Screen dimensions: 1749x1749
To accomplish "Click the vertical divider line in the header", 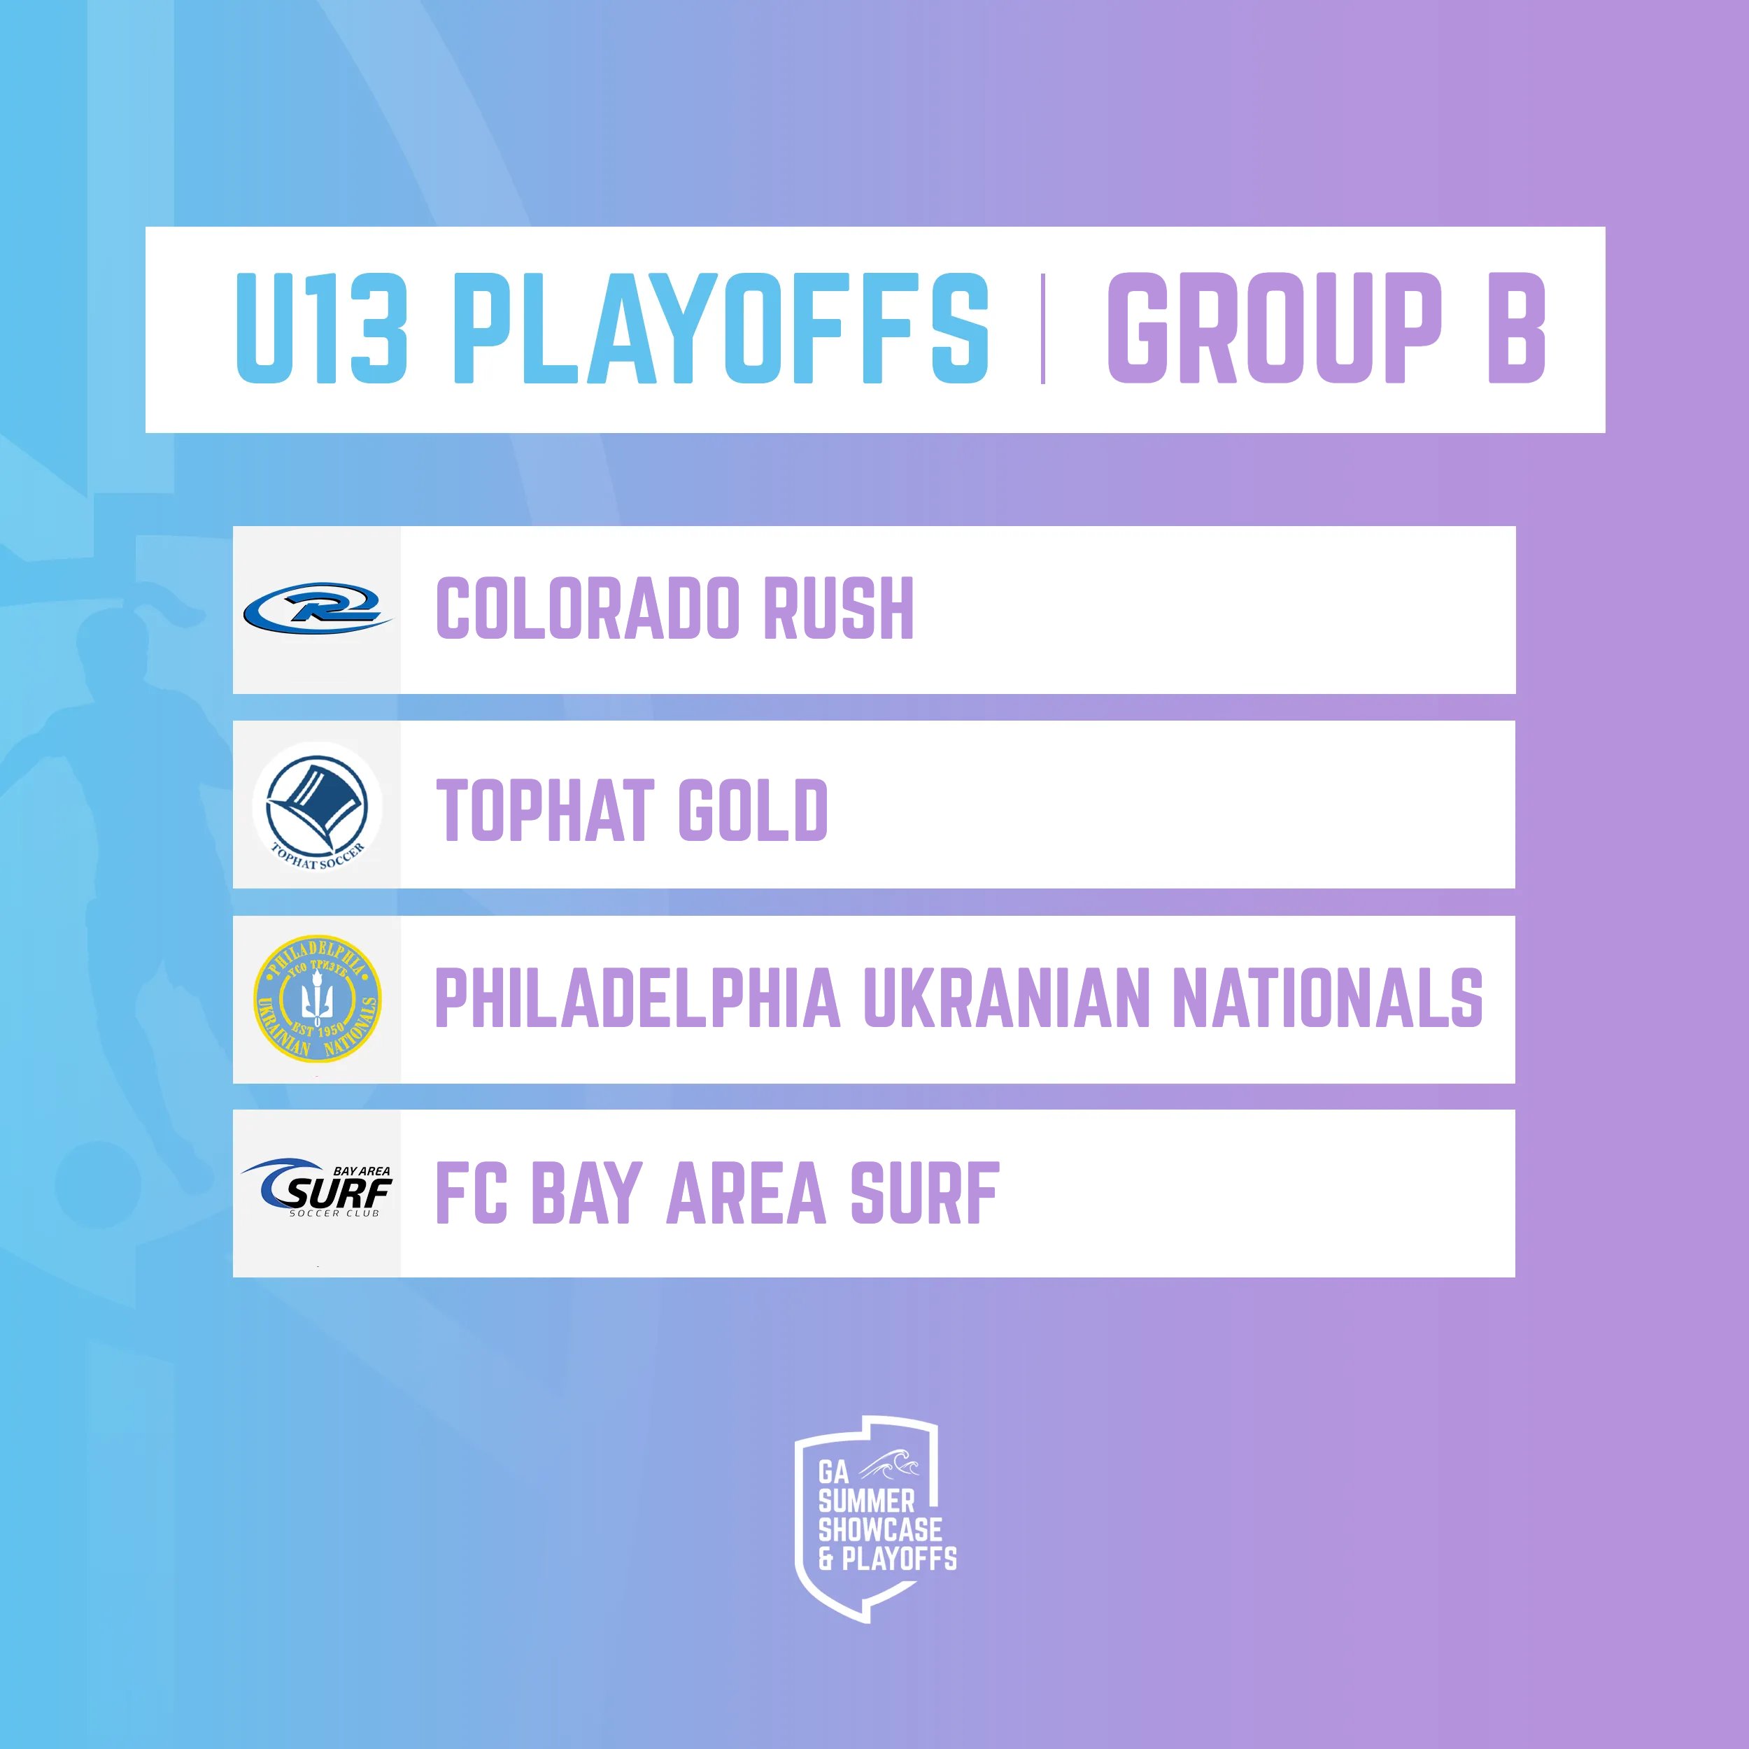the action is (x=1044, y=329).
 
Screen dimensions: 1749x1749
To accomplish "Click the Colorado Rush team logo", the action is (x=317, y=609).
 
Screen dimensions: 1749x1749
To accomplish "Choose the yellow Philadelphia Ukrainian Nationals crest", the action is (x=317, y=998).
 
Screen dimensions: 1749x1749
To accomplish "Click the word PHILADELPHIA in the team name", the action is (x=637, y=998).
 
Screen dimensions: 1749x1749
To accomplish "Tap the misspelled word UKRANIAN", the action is (x=1006, y=998).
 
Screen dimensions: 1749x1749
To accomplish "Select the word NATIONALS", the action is (x=1327, y=998).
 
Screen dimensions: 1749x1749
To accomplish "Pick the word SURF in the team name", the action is (x=924, y=1193).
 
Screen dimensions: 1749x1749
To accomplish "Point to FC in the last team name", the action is (x=471, y=1193).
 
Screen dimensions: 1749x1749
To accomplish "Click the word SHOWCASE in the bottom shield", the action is (x=880, y=1530).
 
